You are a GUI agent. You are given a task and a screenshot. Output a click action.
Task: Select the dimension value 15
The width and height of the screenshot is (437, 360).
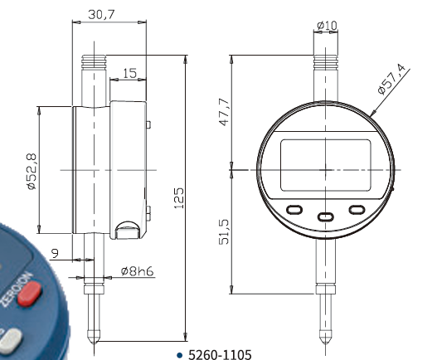[129, 74]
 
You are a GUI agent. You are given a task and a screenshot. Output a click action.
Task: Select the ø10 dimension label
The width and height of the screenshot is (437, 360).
[326, 26]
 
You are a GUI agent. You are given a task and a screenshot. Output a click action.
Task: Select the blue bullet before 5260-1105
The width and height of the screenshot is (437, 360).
[178, 354]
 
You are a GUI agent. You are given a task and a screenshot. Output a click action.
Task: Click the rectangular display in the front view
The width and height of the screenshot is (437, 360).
[325, 164]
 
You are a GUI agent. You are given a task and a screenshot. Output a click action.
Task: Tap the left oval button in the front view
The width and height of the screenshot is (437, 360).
[294, 210]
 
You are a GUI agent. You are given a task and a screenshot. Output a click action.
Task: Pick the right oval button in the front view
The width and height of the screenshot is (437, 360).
[357, 210]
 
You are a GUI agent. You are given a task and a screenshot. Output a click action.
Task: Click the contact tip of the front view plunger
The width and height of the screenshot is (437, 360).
[324, 339]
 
